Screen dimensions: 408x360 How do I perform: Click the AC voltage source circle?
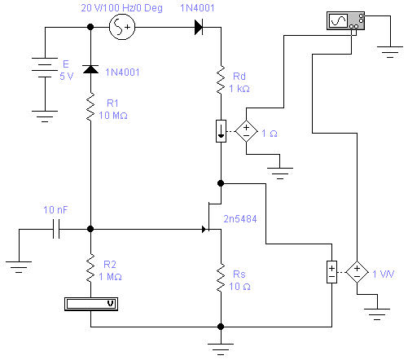[122, 27]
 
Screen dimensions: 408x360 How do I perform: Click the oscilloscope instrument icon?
[345, 20]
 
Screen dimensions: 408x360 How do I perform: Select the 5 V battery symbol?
[45, 68]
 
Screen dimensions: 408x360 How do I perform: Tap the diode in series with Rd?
[199, 27]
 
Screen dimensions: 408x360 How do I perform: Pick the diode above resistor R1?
[90, 69]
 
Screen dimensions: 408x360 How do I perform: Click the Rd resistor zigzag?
[221, 80]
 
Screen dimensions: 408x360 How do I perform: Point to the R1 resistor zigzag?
[90, 107]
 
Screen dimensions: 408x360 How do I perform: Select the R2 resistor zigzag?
[90, 268]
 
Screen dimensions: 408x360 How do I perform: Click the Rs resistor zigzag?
[221, 278]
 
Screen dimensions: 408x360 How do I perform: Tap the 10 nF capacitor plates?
[56, 229]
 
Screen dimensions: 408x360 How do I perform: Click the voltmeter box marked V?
[91, 304]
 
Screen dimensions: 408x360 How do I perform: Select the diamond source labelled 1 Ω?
[246, 131]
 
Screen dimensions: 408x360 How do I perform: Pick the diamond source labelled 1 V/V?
[357, 272]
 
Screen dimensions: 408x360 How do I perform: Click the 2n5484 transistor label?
[240, 219]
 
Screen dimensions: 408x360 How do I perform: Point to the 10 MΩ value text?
[113, 116]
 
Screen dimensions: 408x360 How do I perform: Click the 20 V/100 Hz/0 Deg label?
[122, 8]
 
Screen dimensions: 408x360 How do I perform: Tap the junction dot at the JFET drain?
[221, 183]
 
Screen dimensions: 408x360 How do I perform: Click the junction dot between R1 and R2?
[90, 229]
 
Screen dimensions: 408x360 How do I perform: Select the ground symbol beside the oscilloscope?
[390, 51]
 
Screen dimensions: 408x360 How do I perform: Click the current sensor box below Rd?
[221, 131]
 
